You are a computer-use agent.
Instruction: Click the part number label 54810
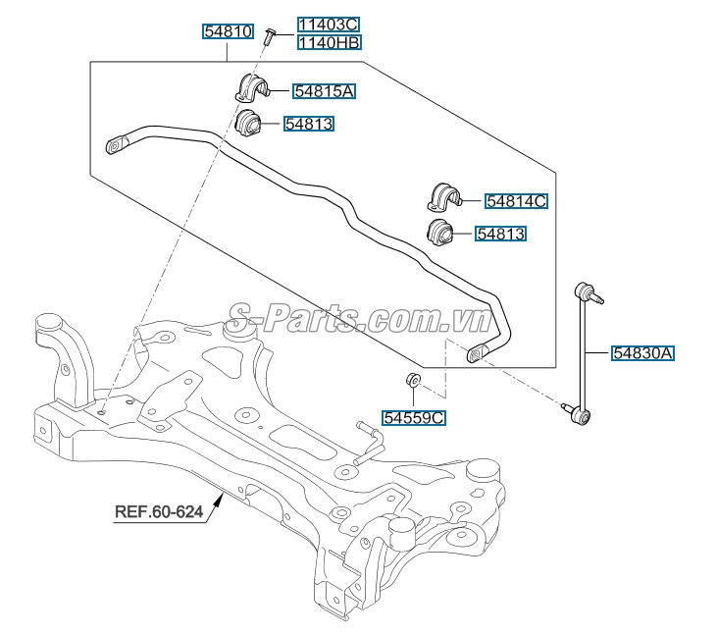pos(229,31)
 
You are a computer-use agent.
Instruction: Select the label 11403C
pos(329,25)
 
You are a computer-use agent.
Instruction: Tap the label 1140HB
pos(329,42)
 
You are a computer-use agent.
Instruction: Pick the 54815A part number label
pos(325,91)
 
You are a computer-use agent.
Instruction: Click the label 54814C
pos(516,201)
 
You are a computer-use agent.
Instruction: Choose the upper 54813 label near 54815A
pos(309,124)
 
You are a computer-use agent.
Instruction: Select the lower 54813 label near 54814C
pos(501,234)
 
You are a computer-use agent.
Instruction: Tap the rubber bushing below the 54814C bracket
pos(439,234)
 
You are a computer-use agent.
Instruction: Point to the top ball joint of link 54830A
pos(587,291)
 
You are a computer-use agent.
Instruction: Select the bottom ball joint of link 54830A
pos(581,418)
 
